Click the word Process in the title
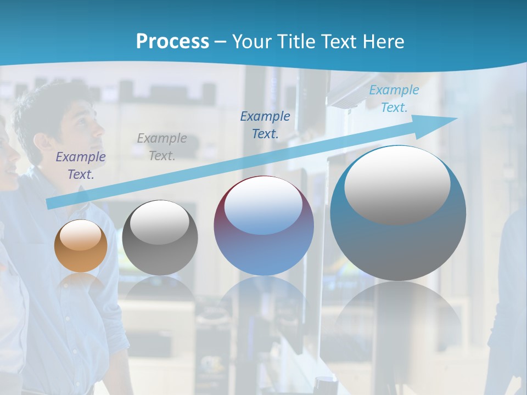click(172, 41)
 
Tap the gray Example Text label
click(162, 147)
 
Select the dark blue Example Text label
click(265, 125)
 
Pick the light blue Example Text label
click(394, 99)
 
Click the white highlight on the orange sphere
click(80, 235)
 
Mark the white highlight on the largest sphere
click(397, 185)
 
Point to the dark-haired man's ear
click(40, 142)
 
